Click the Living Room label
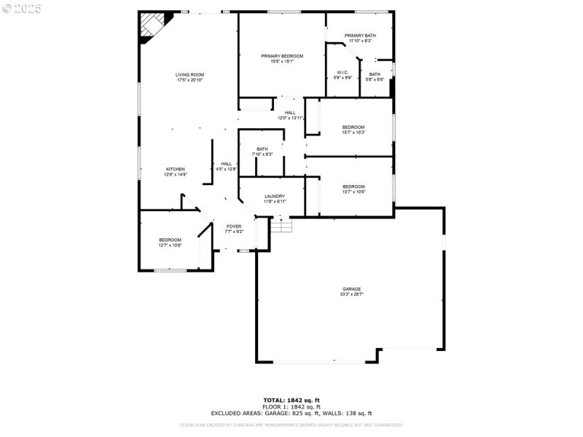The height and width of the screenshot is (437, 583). (189, 74)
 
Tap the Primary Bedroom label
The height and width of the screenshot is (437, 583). (282, 56)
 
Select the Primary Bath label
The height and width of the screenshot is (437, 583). (359, 35)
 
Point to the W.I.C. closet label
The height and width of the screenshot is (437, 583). (343, 72)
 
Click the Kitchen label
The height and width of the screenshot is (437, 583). (175, 169)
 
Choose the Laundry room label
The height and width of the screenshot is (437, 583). (275, 196)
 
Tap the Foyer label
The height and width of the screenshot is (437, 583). (234, 227)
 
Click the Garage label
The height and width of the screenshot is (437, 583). (351, 289)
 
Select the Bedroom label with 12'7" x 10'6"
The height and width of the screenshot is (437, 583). (170, 240)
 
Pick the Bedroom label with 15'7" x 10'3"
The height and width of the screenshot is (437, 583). (353, 127)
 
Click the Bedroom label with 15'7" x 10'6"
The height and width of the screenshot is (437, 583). (353, 186)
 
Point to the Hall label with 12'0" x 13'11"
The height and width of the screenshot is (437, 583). (290, 112)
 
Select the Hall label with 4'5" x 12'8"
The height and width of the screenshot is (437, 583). (226, 163)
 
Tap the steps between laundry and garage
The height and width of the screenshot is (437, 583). (281, 226)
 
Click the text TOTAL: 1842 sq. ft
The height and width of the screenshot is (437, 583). (291, 400)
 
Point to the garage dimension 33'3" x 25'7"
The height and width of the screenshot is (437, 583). (351, 294)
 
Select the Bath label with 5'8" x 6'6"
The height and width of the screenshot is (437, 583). (375, 74)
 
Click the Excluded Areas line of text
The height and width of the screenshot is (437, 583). (291, 413)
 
